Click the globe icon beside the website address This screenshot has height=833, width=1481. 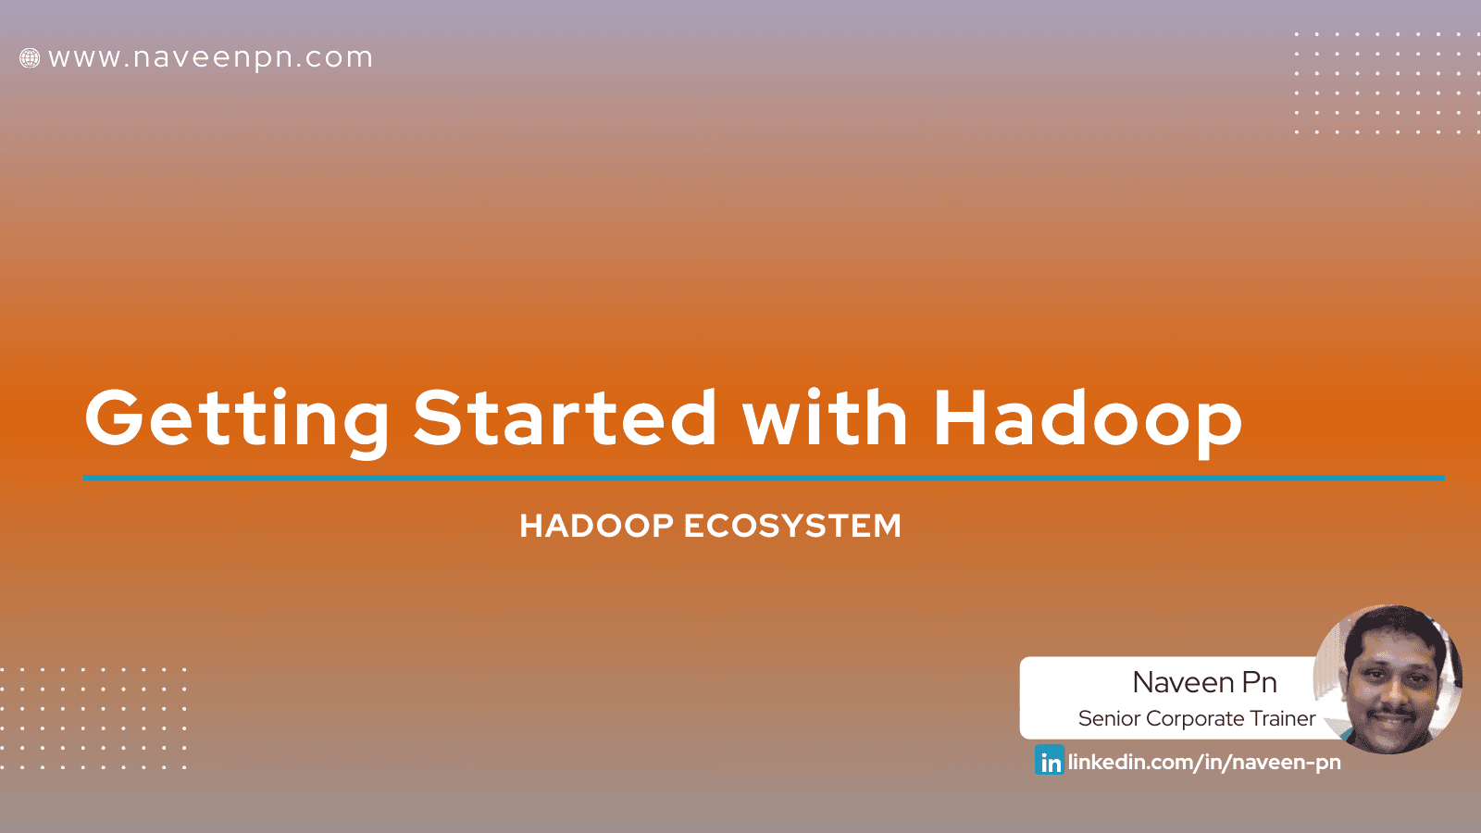tap(30, 58)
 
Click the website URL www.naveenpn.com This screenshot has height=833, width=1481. tap(210, 58)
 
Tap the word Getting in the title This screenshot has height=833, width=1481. tap(237, 419)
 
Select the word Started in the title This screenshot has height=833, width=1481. tap(565, 417)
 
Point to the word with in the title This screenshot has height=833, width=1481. tap(825, 417)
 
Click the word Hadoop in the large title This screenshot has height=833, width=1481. tap(1088, 419)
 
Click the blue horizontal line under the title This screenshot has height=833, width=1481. tap(764, 478)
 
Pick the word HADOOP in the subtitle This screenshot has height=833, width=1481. tap(596, 526)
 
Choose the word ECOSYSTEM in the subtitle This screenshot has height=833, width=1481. tap(792, 526)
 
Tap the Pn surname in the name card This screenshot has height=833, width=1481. tap(1260, 682)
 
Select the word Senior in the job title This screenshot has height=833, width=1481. tap(1108, 718)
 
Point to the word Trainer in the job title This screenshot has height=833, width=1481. tap(1282, 718)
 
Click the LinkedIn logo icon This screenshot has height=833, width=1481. tap(1050, 761)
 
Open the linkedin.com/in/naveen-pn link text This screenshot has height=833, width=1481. tap(1204, 762)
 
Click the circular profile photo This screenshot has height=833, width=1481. tap(1388, 679)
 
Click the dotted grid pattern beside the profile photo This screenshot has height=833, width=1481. tap(93, 718)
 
